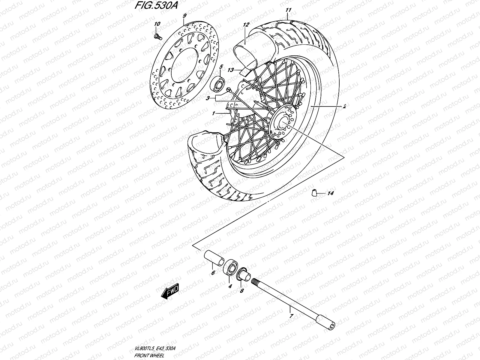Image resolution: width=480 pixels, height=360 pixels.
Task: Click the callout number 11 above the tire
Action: point(288,10)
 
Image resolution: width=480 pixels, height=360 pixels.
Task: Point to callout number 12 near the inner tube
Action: point(246,25)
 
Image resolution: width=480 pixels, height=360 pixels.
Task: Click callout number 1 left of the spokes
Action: point(213,113)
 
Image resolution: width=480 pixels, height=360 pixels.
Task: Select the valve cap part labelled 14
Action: point(314,193)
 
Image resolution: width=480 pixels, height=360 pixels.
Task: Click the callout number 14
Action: point(330,193)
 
